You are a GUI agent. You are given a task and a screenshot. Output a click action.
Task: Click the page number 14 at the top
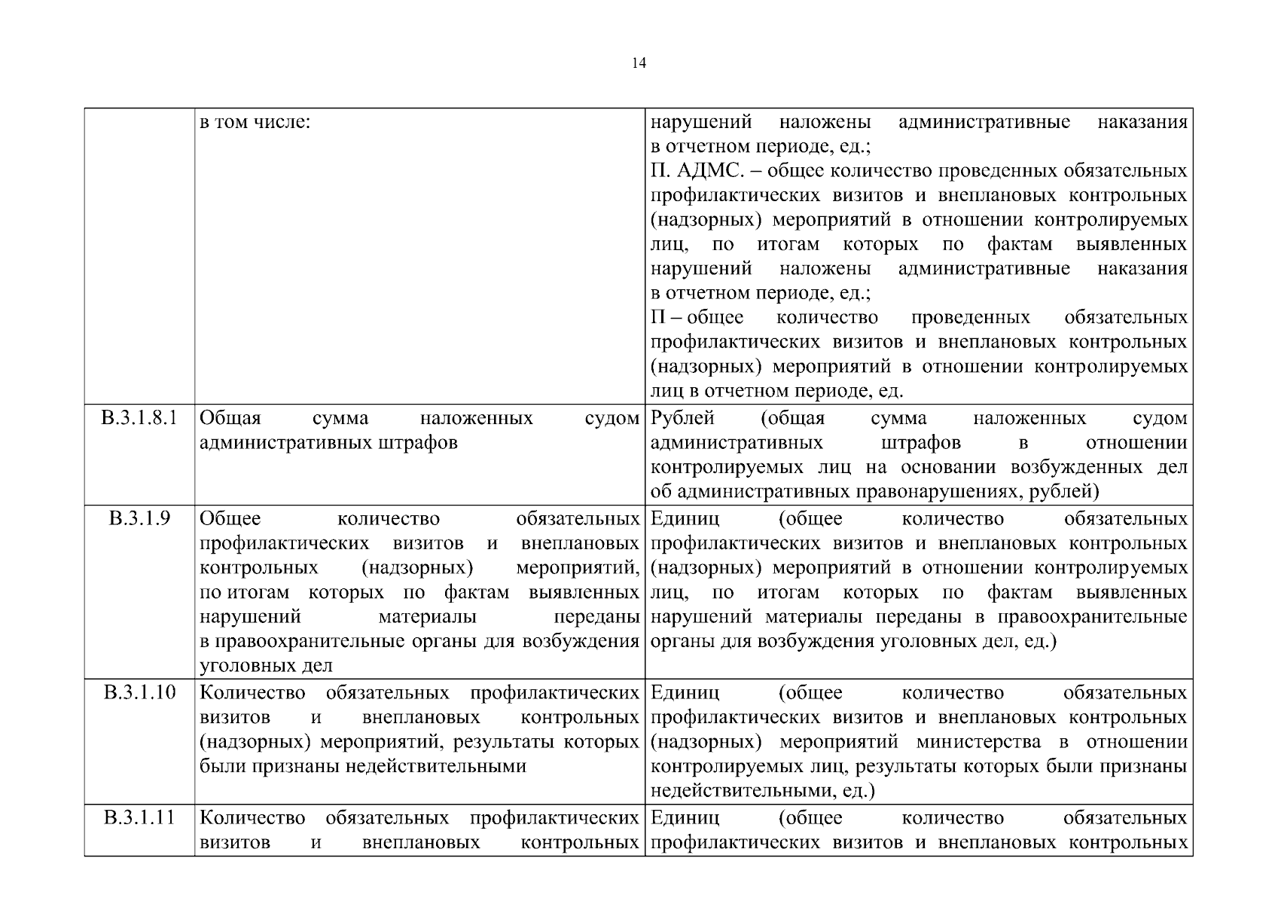639,63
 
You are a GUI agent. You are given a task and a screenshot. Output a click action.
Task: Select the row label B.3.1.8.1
139,418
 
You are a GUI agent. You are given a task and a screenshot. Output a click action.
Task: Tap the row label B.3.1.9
139,518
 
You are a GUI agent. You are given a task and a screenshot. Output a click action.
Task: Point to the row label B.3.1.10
139,692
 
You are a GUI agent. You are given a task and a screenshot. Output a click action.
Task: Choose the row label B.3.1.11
139,817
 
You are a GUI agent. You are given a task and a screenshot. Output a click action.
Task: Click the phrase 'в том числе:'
255,122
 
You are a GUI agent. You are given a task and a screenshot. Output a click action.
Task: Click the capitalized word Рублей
682,418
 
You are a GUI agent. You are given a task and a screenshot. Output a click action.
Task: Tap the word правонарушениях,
923,492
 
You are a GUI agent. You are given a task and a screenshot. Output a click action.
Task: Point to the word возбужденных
1076,467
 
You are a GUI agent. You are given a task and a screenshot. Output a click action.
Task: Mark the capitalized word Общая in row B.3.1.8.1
230,418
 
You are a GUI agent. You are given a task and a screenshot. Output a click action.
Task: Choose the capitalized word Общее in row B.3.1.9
230,518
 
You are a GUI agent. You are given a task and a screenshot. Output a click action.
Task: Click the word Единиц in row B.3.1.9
685,518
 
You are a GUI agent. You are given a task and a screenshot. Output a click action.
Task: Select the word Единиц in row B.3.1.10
685,692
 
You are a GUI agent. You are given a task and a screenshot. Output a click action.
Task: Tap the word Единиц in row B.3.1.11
685,817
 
